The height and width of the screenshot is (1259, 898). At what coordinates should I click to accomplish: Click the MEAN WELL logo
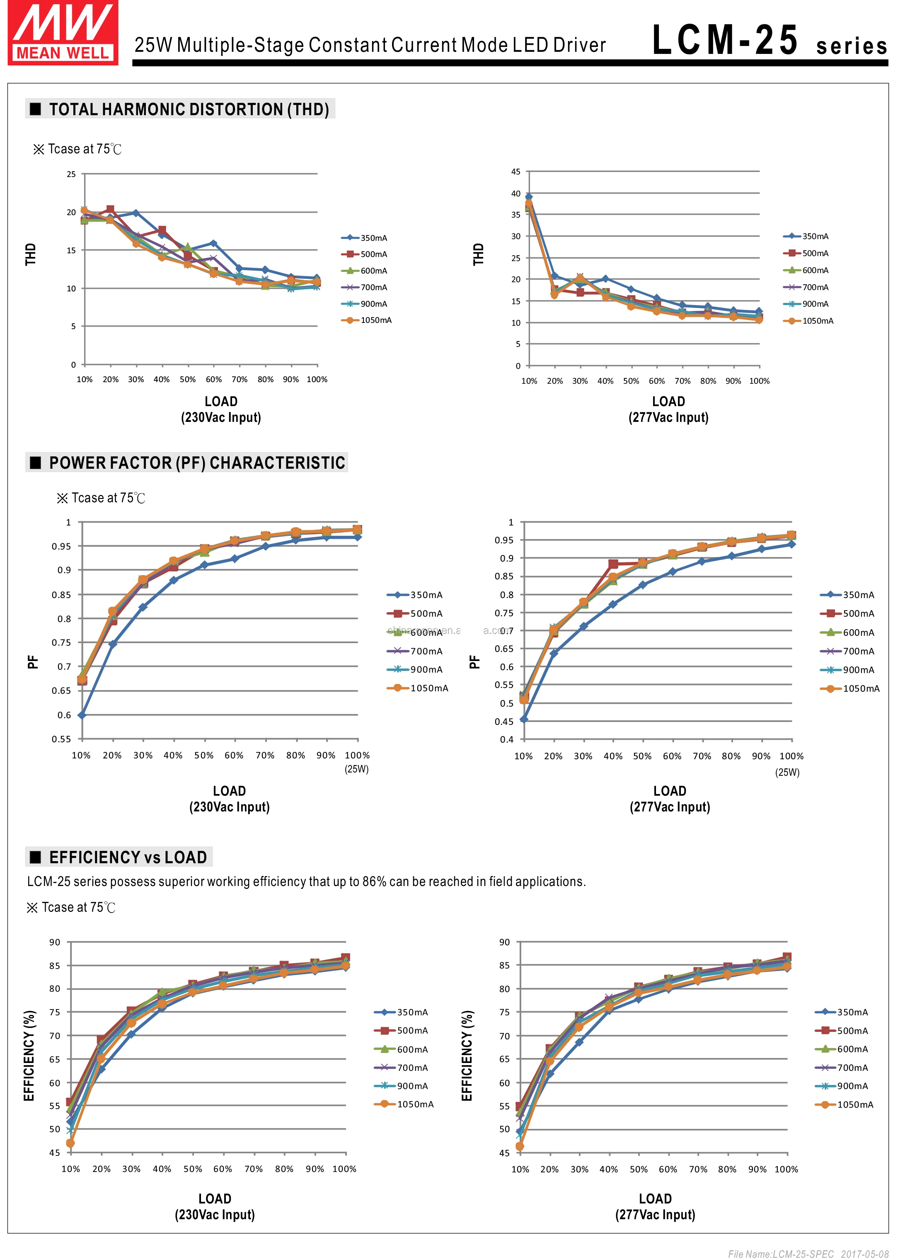[x=63, y=33]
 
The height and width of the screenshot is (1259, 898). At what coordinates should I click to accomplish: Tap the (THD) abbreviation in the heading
[x=307, y=109]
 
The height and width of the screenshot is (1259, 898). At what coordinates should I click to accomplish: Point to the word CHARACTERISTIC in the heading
[x=277, y=463]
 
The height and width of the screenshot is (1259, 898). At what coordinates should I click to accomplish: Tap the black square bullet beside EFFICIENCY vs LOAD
[x=35, y=857]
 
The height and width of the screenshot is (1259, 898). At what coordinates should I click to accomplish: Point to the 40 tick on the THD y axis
[x=516, y=194]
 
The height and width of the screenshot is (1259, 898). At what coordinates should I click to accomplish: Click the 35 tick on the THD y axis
[x=516, y=215]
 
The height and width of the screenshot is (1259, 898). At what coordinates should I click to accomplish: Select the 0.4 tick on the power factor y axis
[x=506, y=739]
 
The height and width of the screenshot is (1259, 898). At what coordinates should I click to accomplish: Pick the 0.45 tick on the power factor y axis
[x=504, y=722]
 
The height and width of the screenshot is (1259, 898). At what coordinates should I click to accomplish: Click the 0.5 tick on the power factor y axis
[x=506, y=703]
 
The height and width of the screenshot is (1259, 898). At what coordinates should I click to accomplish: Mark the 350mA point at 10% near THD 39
[x=529, y=197]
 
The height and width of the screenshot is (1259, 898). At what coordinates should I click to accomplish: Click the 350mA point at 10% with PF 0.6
[x=82, y=715]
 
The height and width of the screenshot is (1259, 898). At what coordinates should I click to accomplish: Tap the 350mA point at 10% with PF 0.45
[x=524, y=719]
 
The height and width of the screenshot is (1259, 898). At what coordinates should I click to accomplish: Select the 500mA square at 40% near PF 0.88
[x=612, y=564]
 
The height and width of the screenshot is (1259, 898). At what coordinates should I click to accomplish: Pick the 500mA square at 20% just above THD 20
[x=110, y=210]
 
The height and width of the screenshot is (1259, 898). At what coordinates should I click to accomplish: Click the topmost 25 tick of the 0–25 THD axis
[x=71, y=174]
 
